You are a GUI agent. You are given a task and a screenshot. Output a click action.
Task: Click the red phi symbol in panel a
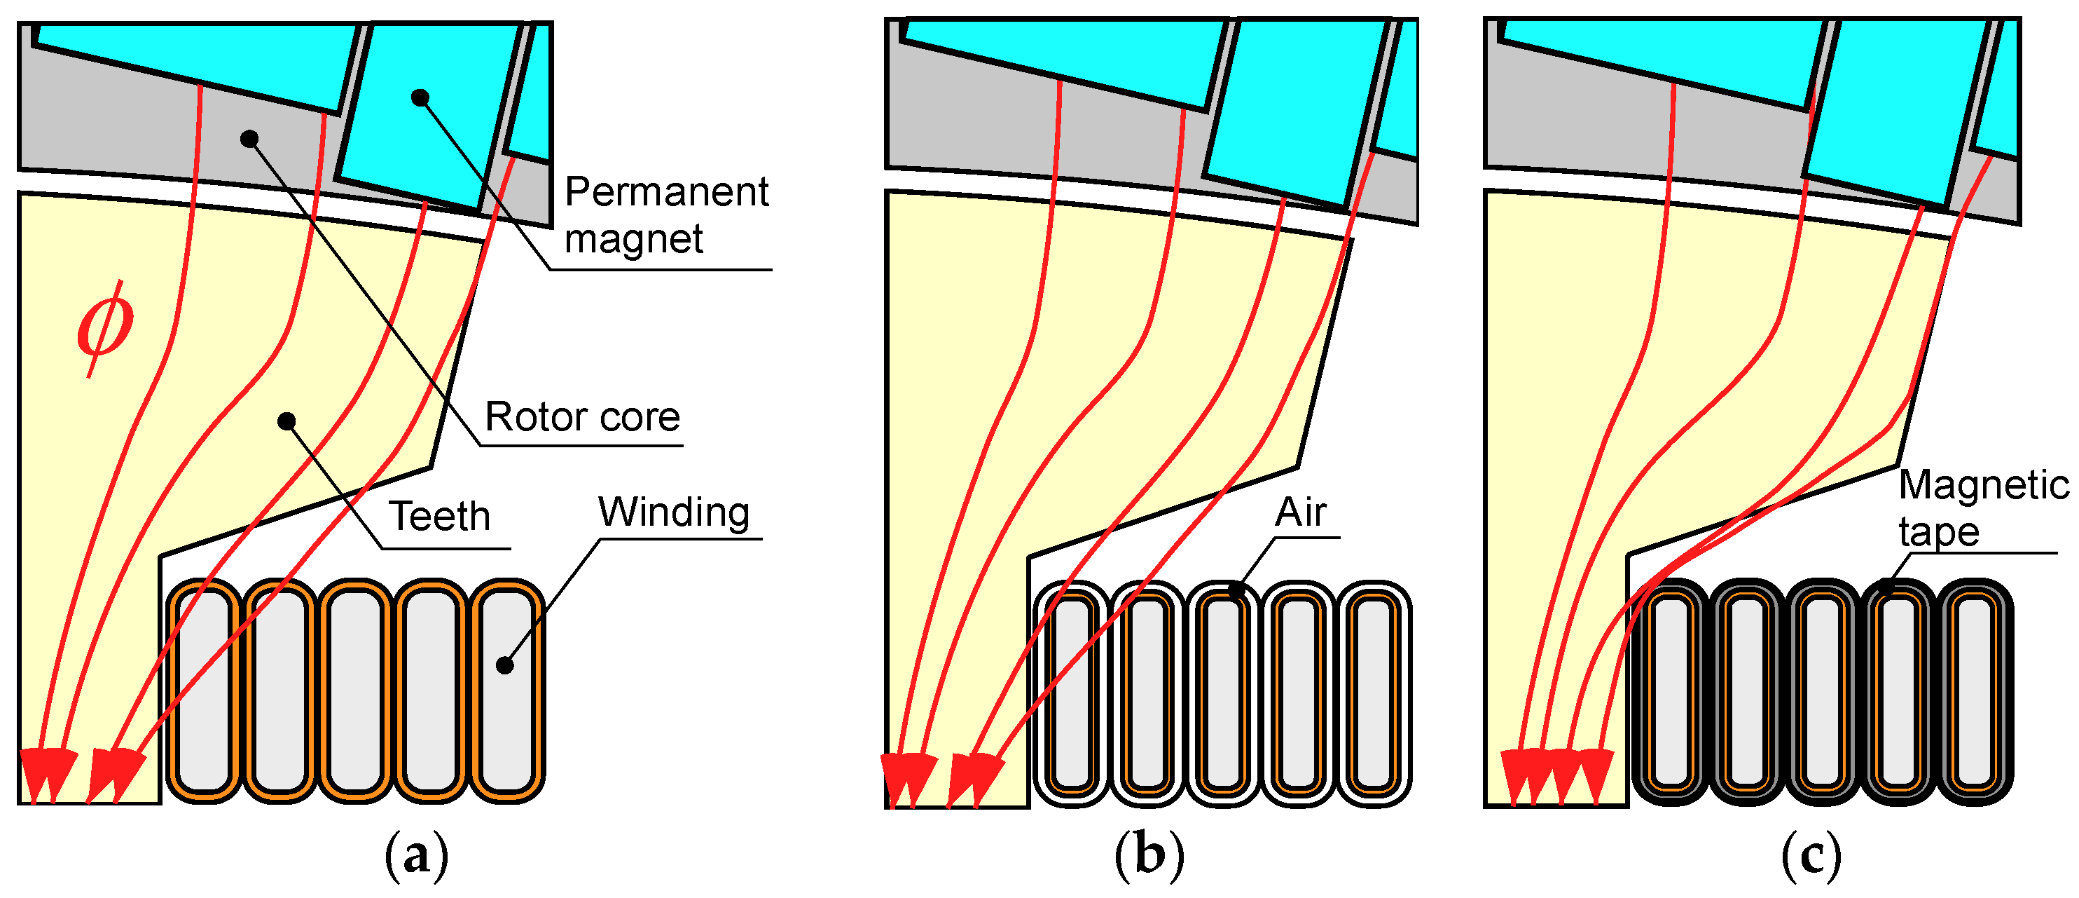click(105, 327)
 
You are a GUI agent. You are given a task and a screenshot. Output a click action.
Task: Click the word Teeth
click(440, 516)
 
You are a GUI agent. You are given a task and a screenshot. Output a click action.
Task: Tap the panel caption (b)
click(1149, 856)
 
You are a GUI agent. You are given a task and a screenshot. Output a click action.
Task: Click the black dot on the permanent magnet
click(420, 97)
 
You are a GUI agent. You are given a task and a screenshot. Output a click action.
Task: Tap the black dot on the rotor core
click(249, 139)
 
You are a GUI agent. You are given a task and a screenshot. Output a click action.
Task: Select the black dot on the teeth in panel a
click(286, 421)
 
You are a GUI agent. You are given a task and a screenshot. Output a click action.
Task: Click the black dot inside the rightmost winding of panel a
click(504, 665)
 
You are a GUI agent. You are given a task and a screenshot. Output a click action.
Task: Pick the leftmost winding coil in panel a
click(205, 690)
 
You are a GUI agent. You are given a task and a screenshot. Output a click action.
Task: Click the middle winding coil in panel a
click(355, 690)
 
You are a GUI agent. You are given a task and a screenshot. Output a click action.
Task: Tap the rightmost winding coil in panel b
click(1374, 693)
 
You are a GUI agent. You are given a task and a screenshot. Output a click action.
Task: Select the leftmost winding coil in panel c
click(1671, 693)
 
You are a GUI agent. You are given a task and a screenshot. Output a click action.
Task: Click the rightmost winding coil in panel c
click(1975, 693)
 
